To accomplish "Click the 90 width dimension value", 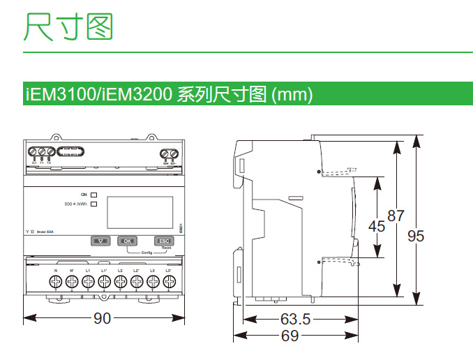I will pyautogui.click(x=103, y=319).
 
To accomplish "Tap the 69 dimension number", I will pyautogui.click(x=290, y=336).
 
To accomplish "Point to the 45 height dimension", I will pyautogui.click(x=376, y=226).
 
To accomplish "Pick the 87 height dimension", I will pyautogui.click(x=396, y=216).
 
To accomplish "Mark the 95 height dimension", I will pyautogui.click(x=416, y=236).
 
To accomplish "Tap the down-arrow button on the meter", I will pyautogui.click(x=101, y=241).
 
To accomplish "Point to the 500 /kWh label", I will pyautogui.click(x=75, y=204).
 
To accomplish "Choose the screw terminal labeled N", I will pyautogui.click(x=55, y=282).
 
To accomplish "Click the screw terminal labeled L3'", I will pyautogui.click(x=168, y=282).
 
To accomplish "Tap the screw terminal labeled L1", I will pyautogui.click(x=88, y=282).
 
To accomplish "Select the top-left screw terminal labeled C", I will pyautogui.click(x=33, y=152).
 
